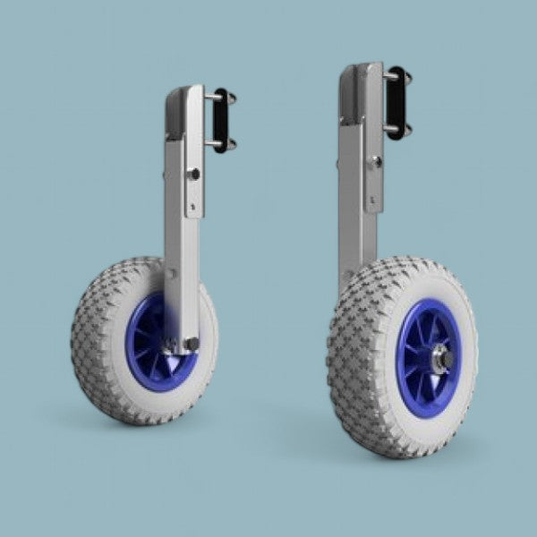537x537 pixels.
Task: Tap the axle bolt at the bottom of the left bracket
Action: coord(191,343)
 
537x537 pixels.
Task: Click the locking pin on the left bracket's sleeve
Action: coord(192,174)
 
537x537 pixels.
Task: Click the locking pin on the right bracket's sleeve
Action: coord(376,162)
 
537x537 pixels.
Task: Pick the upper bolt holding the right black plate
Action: coord(390,77)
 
